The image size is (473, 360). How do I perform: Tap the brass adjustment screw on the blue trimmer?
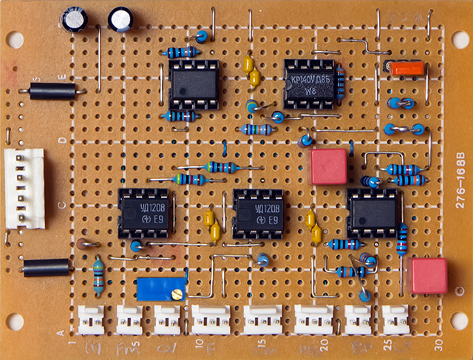pos(176,294)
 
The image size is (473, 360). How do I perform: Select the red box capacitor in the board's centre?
pos(329,166)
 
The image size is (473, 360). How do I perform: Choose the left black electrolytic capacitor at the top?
pos(75,19)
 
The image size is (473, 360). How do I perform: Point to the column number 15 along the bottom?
pos(260,344)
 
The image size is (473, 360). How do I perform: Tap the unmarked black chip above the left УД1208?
pos(193,84)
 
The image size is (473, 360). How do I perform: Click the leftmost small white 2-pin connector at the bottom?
pos(92,320)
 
